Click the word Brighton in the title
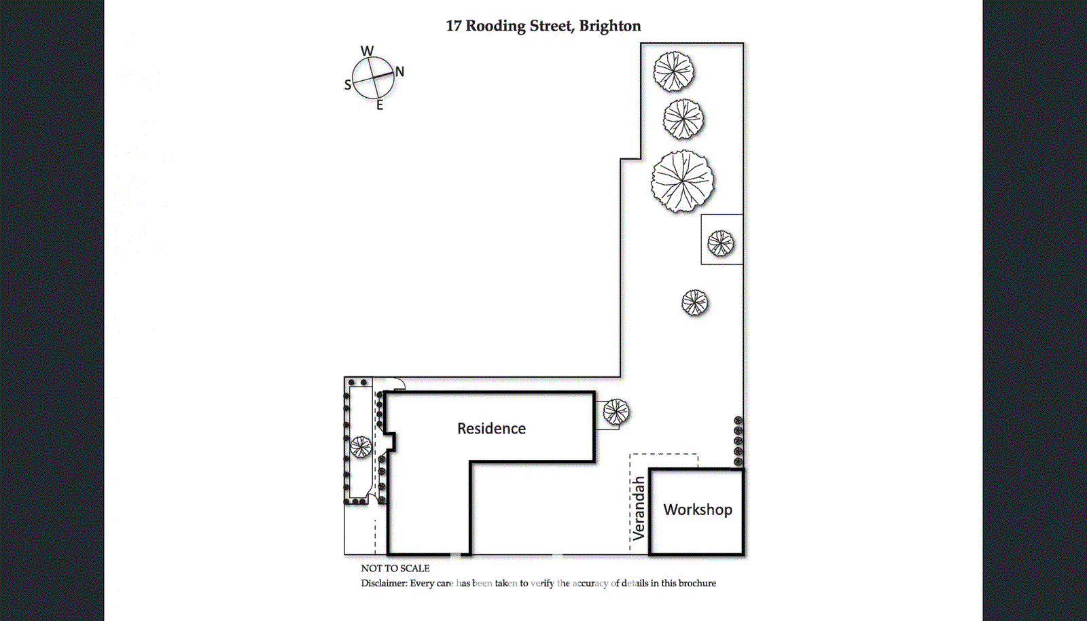(609, 26)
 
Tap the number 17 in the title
(453, 26)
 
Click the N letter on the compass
(399, 71)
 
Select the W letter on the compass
(367, 51)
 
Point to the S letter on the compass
(348, 85)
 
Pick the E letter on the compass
(380, 105)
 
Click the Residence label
(491, 429)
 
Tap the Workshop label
(698, 510)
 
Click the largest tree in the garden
(683, 181)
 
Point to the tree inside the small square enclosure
(720, 243)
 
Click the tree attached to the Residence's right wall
(616, 411)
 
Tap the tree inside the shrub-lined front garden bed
(361, 447)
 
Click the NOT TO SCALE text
(395, 569)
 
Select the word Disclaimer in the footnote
(384, 584)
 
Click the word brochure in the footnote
(697, 584)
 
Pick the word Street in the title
(550, 26)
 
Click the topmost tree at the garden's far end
(674, 71)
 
